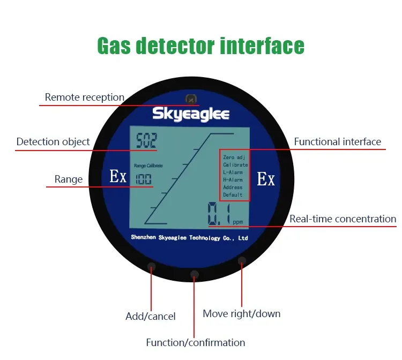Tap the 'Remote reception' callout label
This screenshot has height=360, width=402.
pos(84,97)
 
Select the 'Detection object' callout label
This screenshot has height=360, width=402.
pos(53,142)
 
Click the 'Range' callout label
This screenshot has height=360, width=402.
pos(69,179)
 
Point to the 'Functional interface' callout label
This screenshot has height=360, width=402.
pos(337,142)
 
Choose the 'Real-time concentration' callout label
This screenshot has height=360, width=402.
pos(343,219)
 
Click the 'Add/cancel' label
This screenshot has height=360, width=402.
pos(150,316)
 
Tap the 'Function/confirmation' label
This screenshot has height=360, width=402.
pos(196,342)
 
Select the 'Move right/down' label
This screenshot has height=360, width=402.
pos(241,313)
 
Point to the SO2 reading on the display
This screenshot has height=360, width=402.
pos(146,141)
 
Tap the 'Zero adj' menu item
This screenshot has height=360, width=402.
pos(233,157)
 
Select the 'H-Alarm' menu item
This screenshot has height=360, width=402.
pos(233,180)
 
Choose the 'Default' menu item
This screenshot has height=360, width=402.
pos(233,195)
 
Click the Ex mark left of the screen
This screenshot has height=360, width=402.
pos(118,176)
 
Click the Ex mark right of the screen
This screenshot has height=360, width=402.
pos(266,179)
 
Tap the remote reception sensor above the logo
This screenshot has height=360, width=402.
pos(190,99)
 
